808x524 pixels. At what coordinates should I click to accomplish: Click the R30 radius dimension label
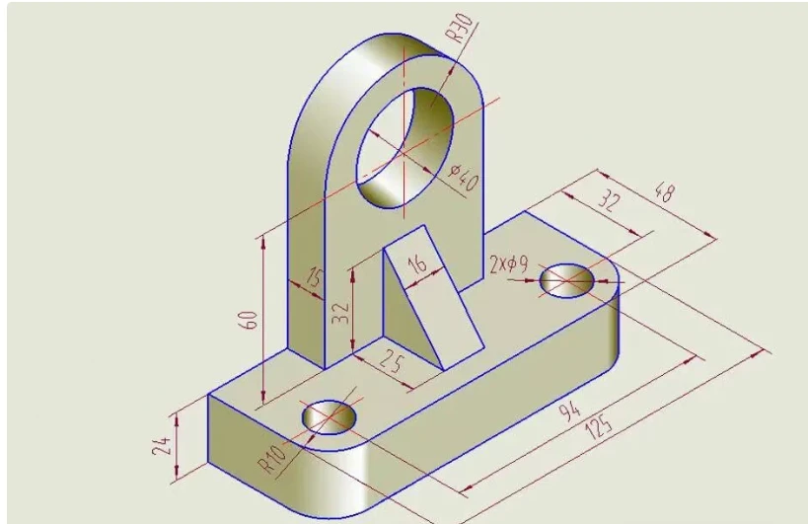pyautogui.click(x=459, y=29)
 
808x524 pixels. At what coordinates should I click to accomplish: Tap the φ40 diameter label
pyautogui.click(x=464, y=178)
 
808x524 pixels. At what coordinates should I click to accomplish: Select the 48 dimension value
pyautogui.click(x=664, y=192)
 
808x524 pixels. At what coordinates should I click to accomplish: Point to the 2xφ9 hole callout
pyautogui.click(x=509, y=264)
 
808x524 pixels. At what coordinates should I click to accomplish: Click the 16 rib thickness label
pyautogui.click(x=417, y=263)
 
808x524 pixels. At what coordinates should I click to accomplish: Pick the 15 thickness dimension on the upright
pyautogui.click(x=314, y=277)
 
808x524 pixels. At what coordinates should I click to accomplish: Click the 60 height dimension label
pyautogui.click(x=248, y=320)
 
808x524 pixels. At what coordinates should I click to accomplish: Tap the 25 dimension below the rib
pyautogui.click(x=392, y=361)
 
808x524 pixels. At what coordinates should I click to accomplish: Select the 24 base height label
pyautogui.click(x=162, y=446)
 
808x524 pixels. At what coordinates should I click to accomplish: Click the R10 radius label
pyautogui.click(x=270, y=459)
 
